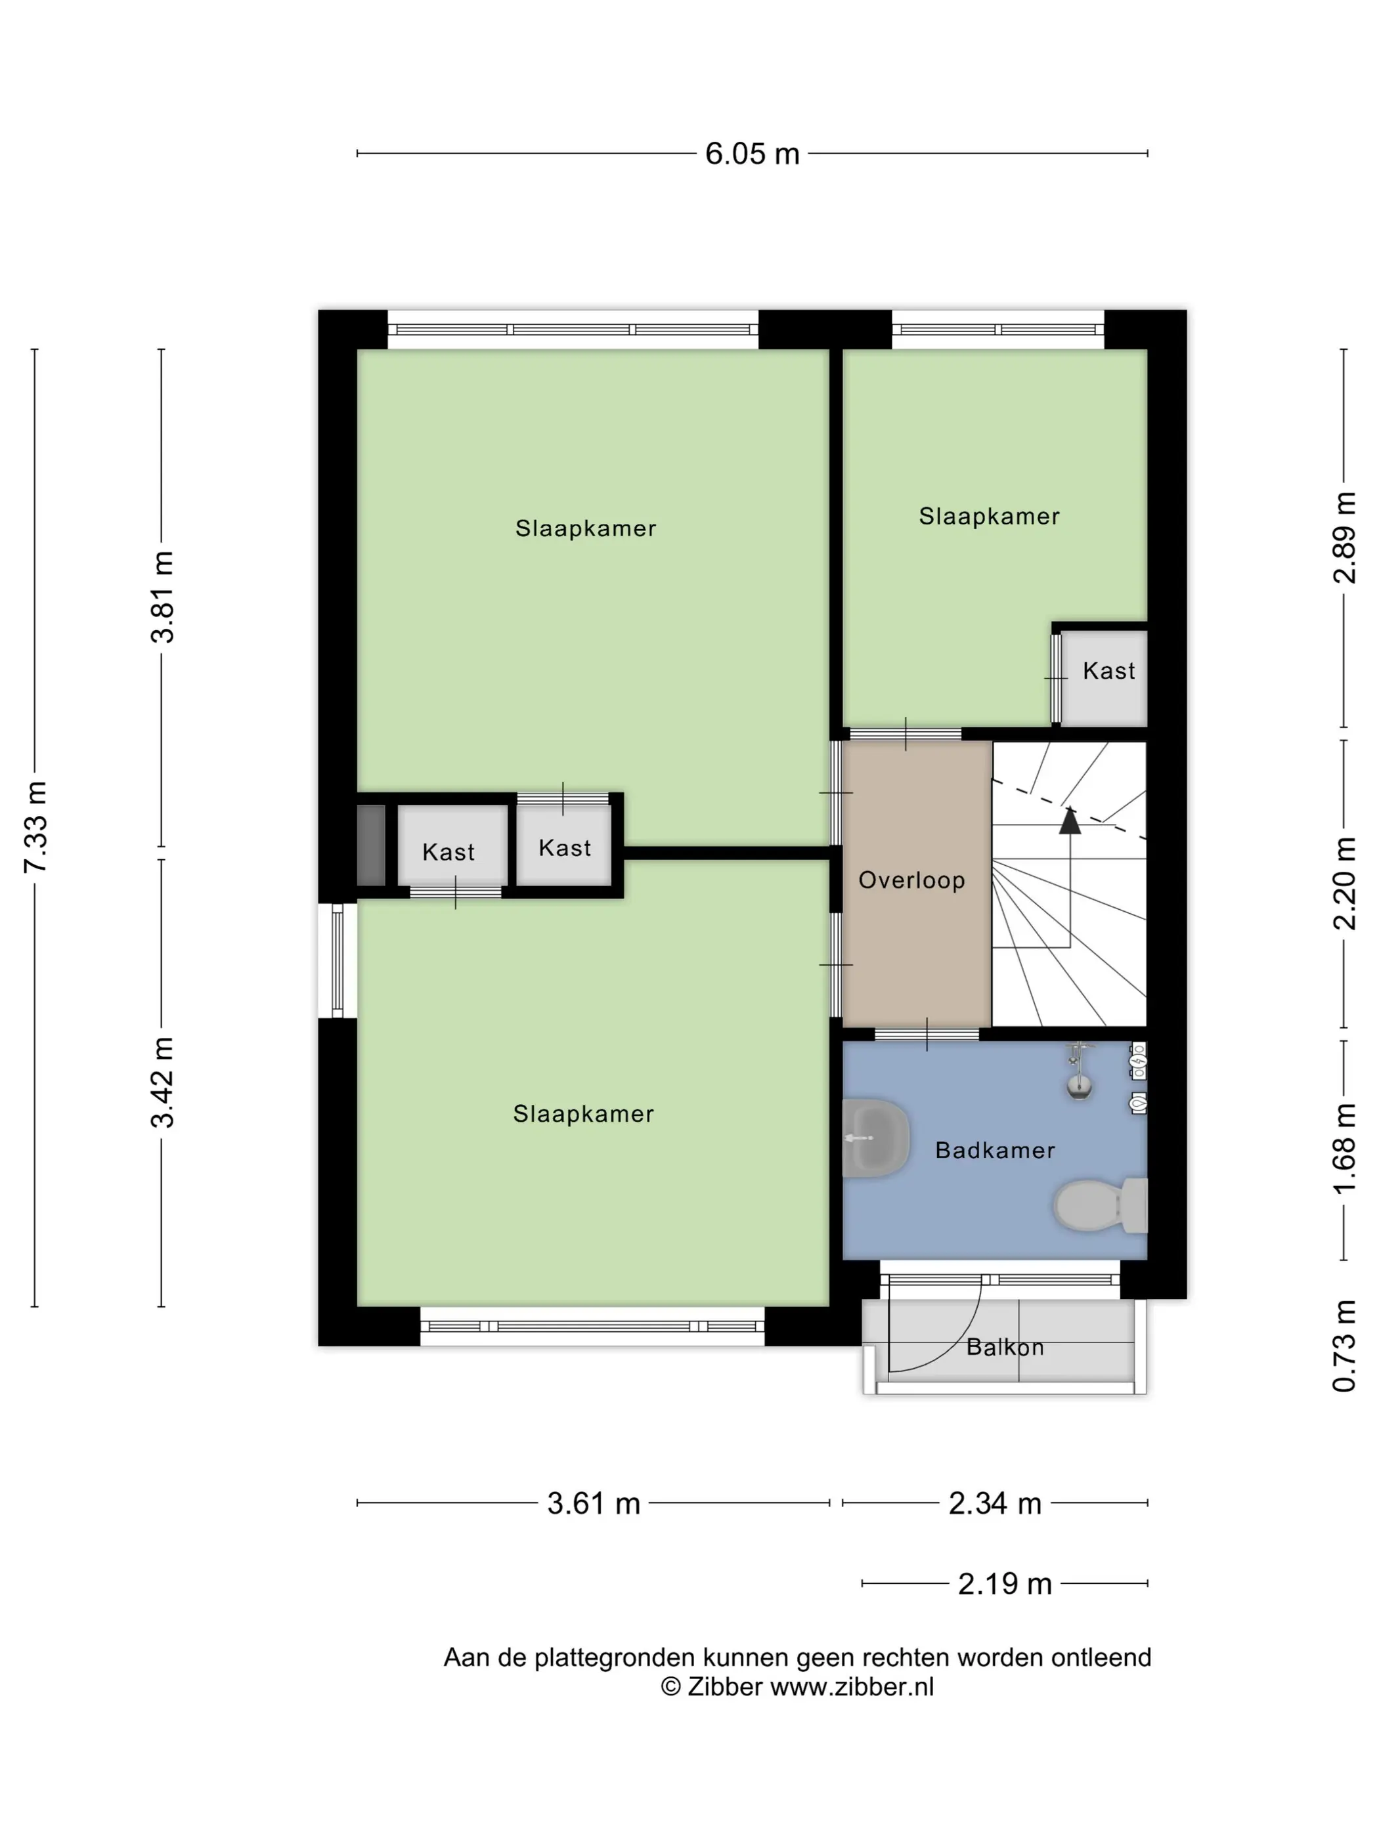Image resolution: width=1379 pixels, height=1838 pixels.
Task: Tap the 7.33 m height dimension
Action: (x=35, y=826)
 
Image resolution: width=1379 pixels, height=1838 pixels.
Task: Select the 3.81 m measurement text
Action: (x=163, y=597)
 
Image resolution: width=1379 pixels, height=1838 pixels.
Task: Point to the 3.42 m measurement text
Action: (x=163, y=1082)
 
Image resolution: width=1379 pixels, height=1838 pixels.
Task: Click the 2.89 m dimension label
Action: (x=1344, y=538)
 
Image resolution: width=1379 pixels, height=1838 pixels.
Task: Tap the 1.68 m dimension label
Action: (x=1344, y=1149)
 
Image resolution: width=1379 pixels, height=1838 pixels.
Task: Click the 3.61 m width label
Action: (x=594, y=1503)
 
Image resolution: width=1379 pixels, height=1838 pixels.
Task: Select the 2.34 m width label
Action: (x=995, y=1503)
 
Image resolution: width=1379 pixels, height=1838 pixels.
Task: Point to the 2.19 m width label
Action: (x=1005, y=1584)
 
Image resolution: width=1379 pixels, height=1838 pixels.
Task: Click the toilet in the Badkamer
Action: (x=1101, y=1205)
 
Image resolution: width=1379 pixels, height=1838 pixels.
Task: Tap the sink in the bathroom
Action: (x=875, y=1138)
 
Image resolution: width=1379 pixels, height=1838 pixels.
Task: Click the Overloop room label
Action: (x=912, y=881)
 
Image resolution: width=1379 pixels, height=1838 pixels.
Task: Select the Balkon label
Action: (x=1005, y=1347)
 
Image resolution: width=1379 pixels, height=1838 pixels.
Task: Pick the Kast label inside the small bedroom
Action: (x=1109, y=671)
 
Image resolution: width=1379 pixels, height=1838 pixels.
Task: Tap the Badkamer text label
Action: (x=995, y=1150)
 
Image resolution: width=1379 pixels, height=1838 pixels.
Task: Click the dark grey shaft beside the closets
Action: (x=371, y=845)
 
